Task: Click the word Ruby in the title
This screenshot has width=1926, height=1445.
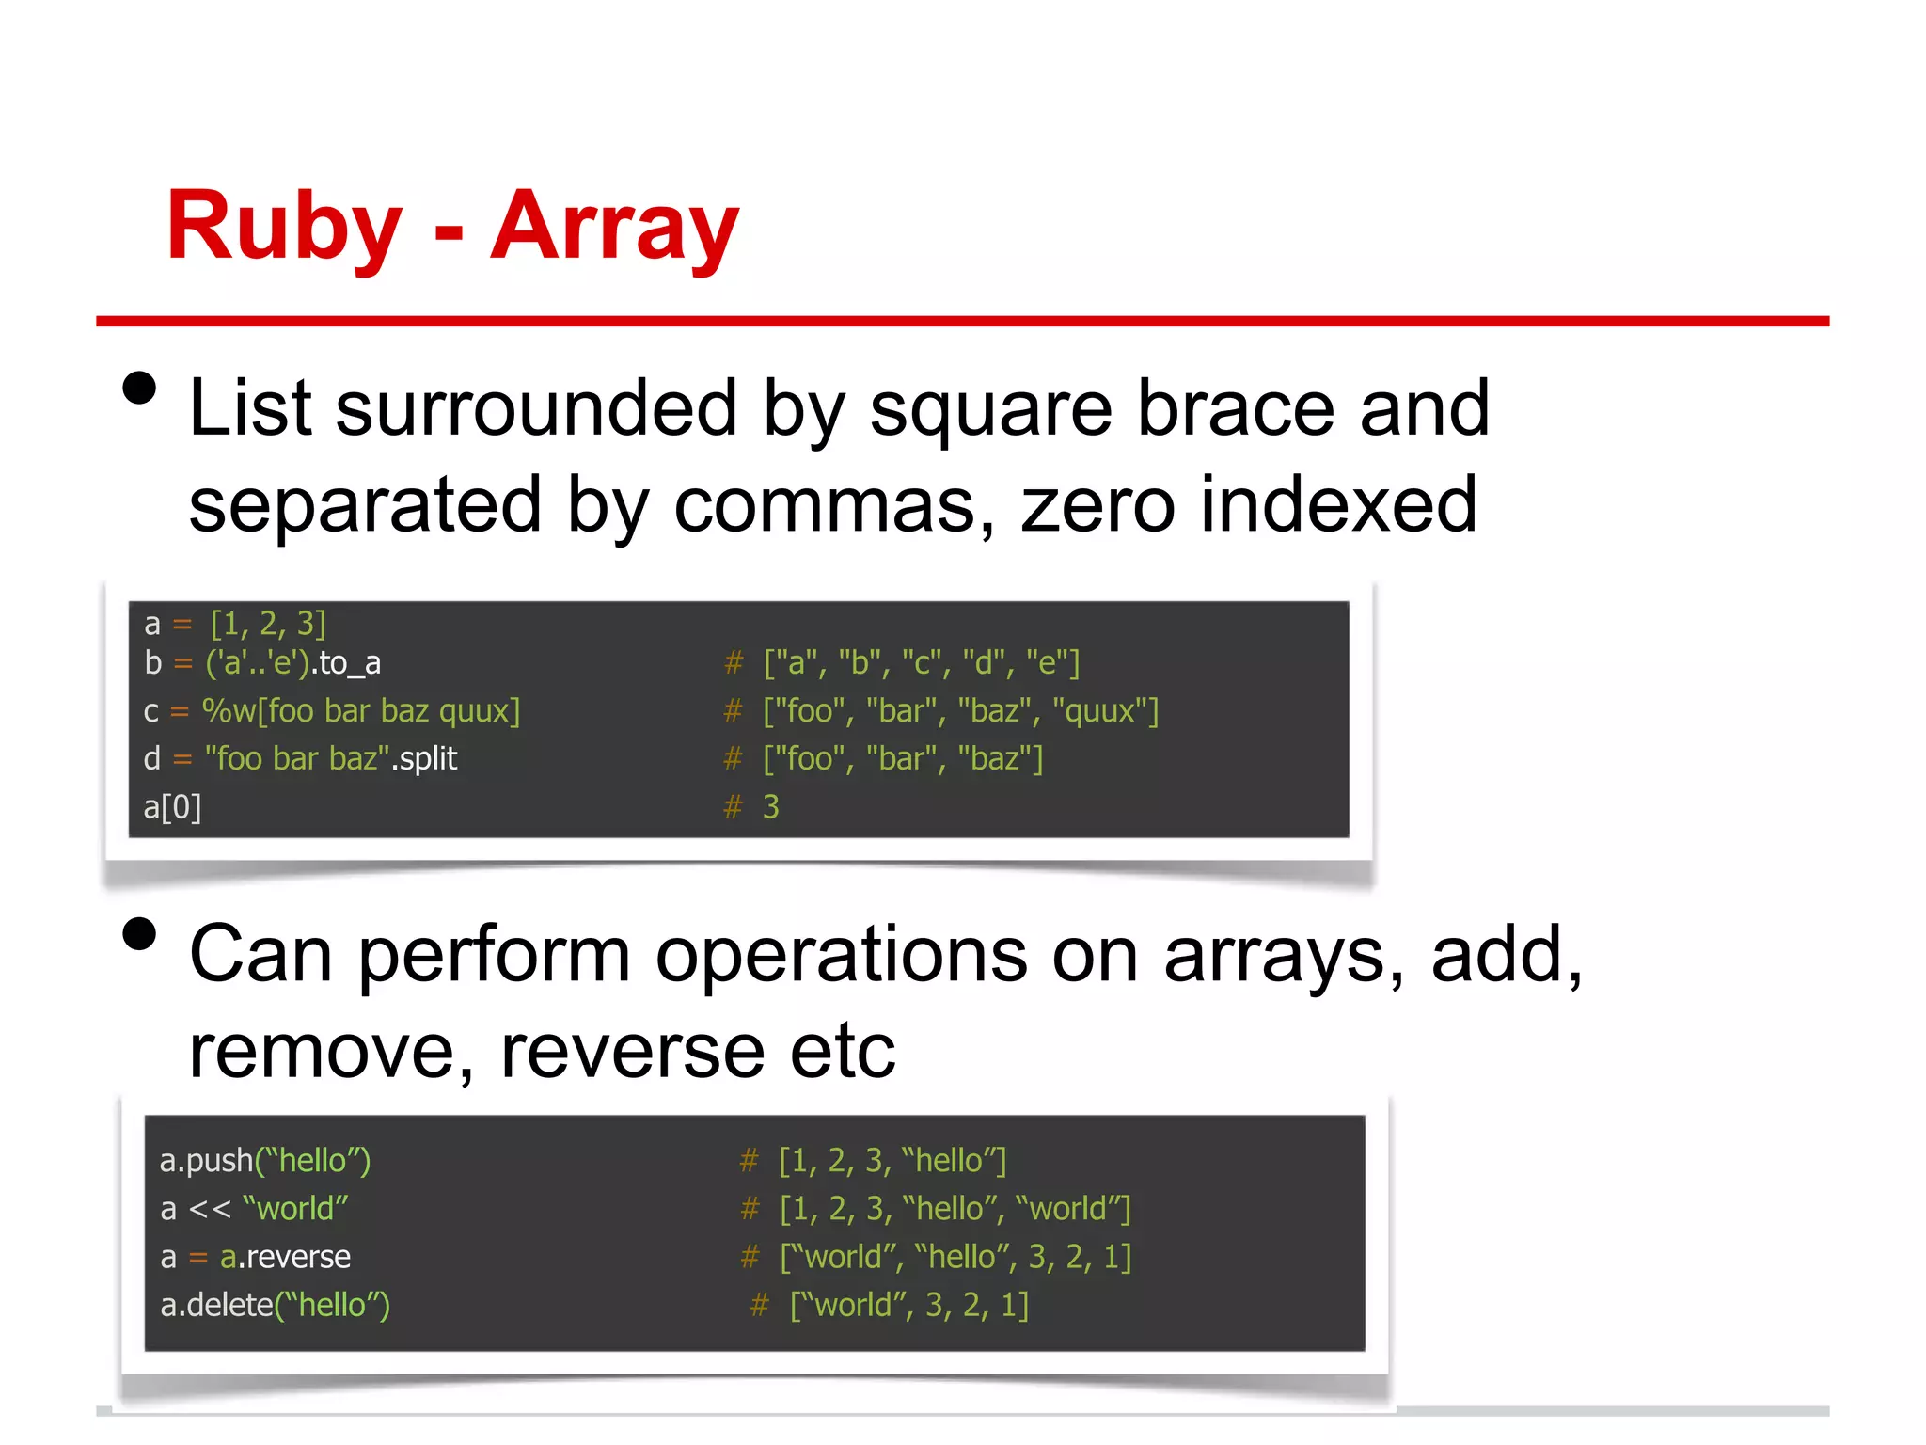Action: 284,226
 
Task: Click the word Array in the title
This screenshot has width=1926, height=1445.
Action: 614,226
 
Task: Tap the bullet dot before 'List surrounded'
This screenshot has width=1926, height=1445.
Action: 139,388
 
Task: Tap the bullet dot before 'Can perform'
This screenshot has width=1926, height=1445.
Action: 139,934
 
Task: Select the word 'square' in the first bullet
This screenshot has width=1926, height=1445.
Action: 989,410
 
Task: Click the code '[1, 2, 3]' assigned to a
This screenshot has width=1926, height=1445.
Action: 268,624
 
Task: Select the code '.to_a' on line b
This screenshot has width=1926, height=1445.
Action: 346,663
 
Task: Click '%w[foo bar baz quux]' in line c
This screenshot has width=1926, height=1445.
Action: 361,711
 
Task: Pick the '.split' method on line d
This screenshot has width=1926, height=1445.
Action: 424,758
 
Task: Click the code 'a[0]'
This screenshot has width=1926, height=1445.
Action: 172,807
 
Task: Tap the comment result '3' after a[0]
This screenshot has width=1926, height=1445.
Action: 770,807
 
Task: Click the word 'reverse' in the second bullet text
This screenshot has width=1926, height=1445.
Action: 633,1052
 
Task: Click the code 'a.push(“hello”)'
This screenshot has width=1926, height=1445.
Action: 265,1161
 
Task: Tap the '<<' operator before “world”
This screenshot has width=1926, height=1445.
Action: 209,1209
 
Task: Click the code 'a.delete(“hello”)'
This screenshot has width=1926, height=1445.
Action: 275,1306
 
